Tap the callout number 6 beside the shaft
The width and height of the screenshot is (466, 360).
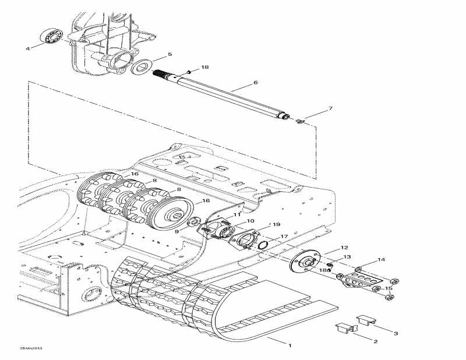[x=255, y=83]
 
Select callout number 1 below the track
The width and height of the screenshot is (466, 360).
[x=289, y=345]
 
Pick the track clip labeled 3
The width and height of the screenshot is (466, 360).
[x=366, y=319]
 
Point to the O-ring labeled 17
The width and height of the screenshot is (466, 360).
[x=262, y=242]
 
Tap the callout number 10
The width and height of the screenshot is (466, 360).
[x=250, y=221]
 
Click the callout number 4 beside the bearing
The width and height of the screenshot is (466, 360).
[x=27, y=48]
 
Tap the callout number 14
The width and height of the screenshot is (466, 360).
[x=382, y=259]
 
